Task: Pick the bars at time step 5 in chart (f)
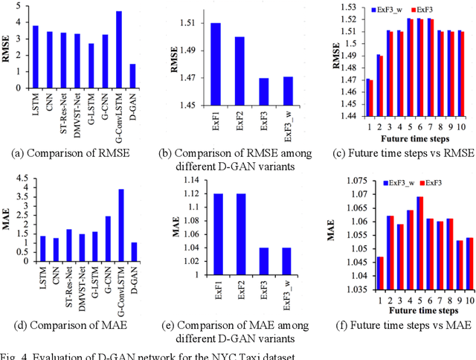pos(419,239)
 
